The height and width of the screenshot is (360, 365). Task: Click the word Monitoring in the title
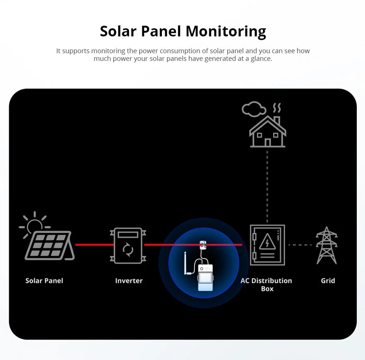click(226, 32)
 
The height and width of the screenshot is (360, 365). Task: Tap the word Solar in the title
click(118, 31)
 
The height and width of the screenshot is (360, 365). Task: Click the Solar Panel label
click(44, 281)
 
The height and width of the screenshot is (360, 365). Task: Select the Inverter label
click(129, 281)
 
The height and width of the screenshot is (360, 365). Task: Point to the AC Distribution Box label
click(266, 285)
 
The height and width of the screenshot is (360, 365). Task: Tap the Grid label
click(328, 281)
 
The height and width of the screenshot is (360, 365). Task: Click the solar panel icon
click(50, 245)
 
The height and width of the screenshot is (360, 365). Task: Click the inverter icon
click(128, 245)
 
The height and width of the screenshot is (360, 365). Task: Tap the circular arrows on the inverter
click(128, 249)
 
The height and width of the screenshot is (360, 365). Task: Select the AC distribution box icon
click(267, 245)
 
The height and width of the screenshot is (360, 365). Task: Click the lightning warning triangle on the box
click(267, 242)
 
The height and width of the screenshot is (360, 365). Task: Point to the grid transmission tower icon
click(327, 245)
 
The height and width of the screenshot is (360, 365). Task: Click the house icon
click(268, 132)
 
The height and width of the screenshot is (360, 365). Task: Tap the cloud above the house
click(254, 109)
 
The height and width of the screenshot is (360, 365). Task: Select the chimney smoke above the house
click(277, 108)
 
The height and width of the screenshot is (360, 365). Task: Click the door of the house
click(268, 143)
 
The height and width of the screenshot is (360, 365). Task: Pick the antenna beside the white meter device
click(186, 263)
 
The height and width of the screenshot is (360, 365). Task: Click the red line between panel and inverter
click(94, 245)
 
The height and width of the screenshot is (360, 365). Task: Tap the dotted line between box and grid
click(300, 245)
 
